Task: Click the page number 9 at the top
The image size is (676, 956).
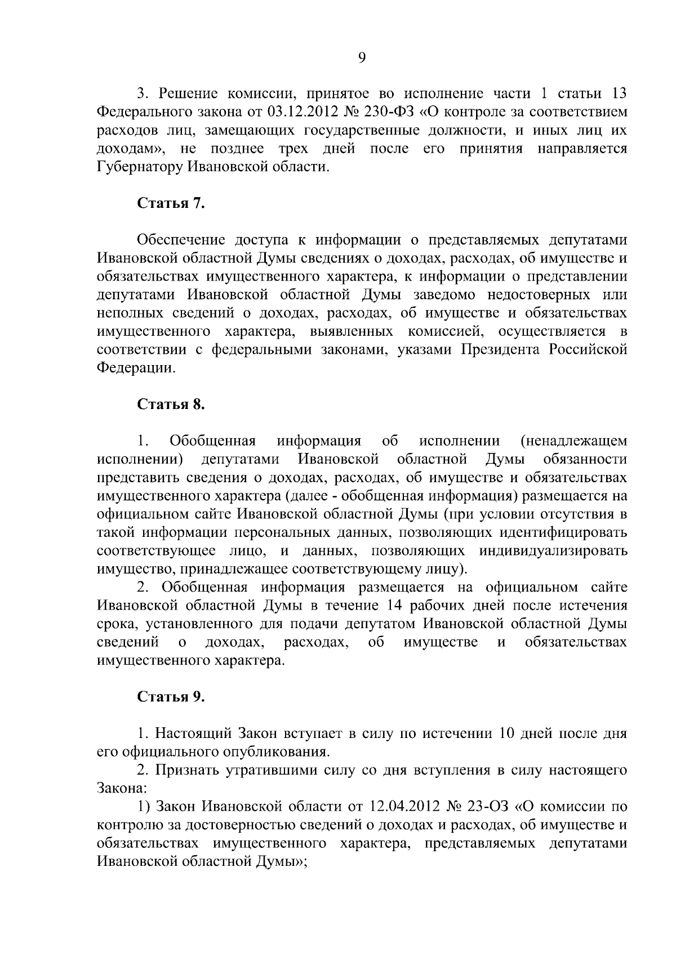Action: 362,58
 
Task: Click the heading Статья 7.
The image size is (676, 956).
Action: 171,203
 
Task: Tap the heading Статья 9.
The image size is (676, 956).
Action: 171,697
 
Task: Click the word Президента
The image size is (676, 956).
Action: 500,350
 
